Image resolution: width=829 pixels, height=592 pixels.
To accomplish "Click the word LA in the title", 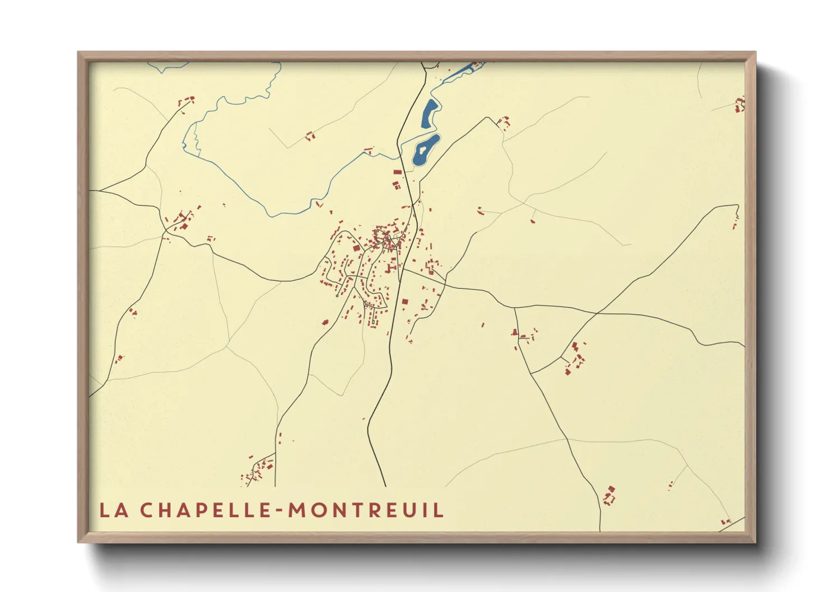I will point(114,510).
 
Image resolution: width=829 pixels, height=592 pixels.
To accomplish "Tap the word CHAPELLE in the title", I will point(206,510).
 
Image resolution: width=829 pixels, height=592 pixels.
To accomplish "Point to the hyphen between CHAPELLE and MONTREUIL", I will point(280,511).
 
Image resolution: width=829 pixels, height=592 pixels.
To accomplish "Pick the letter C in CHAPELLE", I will point(147,510).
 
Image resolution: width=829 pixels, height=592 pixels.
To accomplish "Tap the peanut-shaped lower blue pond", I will point(425,150).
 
